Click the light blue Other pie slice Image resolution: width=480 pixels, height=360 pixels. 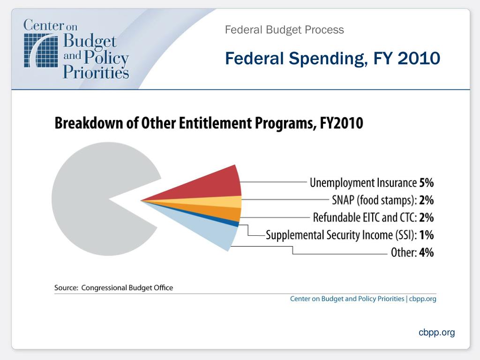pyautogui.click(x=216, y=232)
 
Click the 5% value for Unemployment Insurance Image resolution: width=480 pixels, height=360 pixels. pyautogui.click(x=426, y=183)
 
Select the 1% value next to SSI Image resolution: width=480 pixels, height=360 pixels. pyautogui.click(x=426, y=235)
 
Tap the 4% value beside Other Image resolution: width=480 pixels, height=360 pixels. pyautogui.click(x=426, y=253)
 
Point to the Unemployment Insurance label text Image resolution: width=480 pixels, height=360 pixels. pyautogui.click(x=363, y=183)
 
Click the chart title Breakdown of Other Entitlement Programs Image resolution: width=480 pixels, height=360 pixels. pyautogui.click(x=209, y=123)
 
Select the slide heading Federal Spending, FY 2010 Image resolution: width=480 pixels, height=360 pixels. pyautogui.click(x=332, y=59)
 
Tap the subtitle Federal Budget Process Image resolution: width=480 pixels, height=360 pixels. pyautogui.click(x=284, y=30)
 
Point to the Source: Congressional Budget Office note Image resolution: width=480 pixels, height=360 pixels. pyautogui.click(x=113, y=288)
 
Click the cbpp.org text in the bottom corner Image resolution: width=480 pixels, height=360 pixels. pyautogui.click(x=436, y=332)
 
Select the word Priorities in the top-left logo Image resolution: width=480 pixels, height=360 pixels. pyautogui.click(x=96, y=72)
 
